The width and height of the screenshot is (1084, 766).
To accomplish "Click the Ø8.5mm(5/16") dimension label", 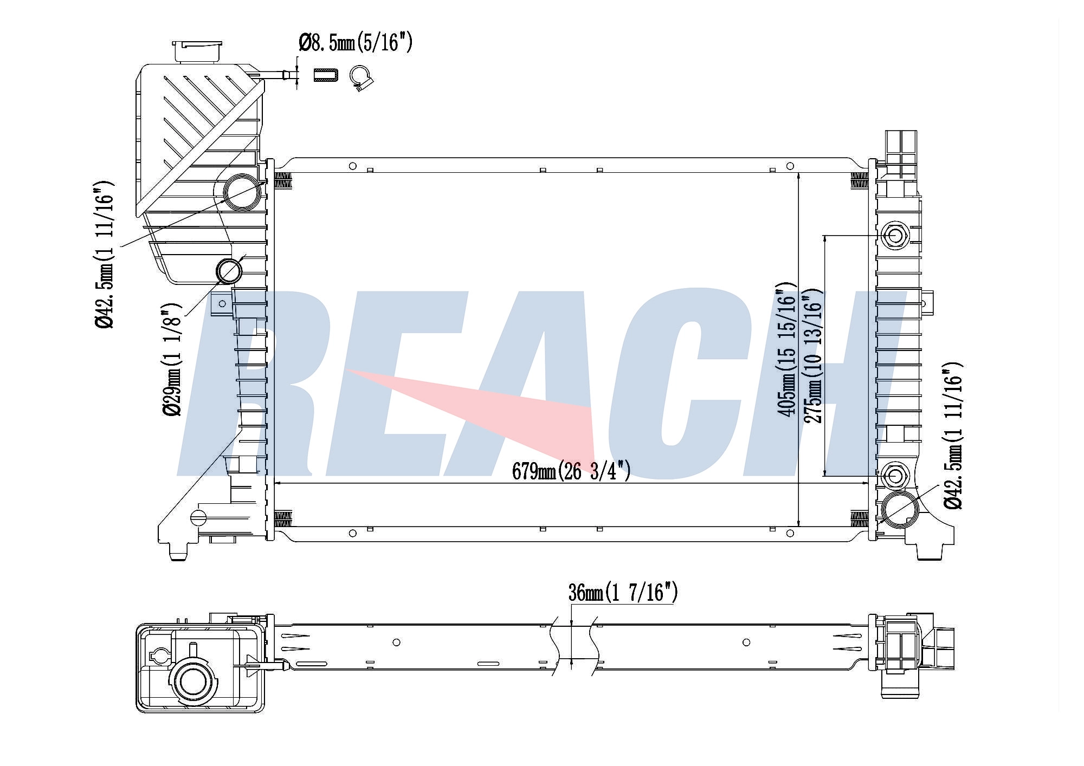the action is click(x=356, y=43).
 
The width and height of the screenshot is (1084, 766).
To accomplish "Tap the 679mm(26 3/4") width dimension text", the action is click(x=571, y=471).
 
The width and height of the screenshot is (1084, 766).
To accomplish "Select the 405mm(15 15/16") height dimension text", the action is click(x=788, y=349).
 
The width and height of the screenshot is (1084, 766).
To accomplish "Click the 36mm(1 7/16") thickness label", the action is click(x=623, y=593).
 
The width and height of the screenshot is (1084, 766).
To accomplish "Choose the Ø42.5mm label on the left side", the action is click(x=104, y=255).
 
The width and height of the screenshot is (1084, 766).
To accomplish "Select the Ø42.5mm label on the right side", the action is click(x=953, y=436).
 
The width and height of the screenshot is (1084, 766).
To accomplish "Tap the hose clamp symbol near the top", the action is click(x=361, y=78).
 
